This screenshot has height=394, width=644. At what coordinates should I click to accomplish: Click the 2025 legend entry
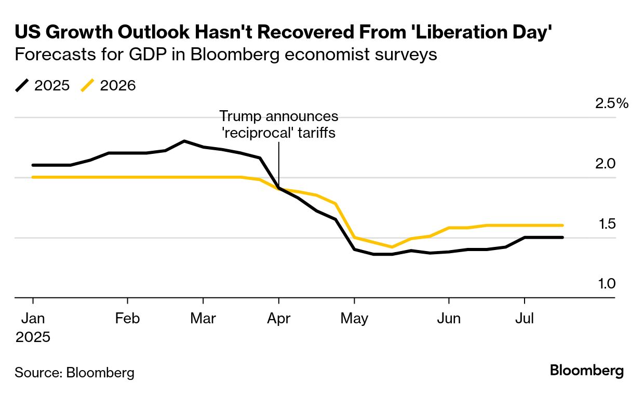[x=43, y=85]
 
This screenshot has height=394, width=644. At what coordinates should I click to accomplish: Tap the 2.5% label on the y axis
[x=612, y=103]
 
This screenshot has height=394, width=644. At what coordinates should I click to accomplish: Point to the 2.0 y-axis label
[x=605, y=164]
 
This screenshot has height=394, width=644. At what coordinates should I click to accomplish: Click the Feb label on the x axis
[x=127, y=319]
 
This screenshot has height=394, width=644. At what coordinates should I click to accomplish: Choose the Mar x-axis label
[x=203, y=319]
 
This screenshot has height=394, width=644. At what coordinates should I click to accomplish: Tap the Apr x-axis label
[x=279, y=319]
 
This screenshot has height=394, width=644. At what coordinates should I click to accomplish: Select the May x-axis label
[x=354, y=319]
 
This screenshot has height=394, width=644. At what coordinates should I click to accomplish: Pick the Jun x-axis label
[x=449, y=319]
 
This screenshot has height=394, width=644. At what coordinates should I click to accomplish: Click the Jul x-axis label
[x=525, y=319]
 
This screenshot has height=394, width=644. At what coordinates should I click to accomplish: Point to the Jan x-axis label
[x=33, y=319]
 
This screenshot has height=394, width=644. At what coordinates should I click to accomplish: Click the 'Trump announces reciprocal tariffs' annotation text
[x=279, y=124]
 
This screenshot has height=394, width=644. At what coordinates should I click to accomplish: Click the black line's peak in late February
[x=184, y=141]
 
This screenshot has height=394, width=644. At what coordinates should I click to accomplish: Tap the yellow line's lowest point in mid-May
[x=392, y=247]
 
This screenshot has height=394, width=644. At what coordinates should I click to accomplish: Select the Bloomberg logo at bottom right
[x=587, y=371]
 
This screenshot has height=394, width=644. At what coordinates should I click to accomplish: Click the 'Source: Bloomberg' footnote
[x=74, y=372]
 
